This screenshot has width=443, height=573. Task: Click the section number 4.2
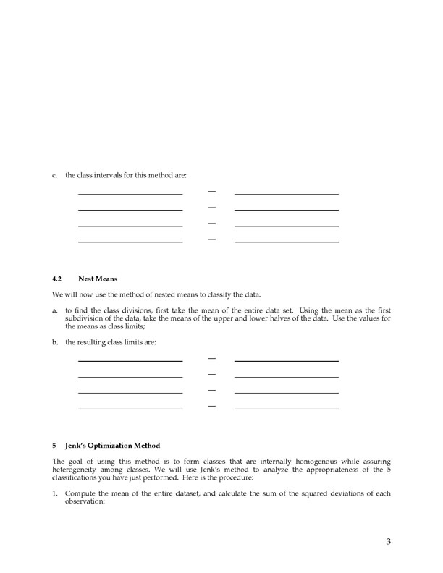58,279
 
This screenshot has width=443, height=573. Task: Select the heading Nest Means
98,279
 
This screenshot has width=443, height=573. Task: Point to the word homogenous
296,461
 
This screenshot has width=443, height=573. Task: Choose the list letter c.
55,175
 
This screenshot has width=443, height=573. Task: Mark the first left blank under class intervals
130,193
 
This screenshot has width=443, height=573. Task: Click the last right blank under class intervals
287,241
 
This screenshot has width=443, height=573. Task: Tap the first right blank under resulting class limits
287,360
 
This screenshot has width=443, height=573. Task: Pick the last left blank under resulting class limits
130,408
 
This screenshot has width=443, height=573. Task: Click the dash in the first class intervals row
212,192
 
